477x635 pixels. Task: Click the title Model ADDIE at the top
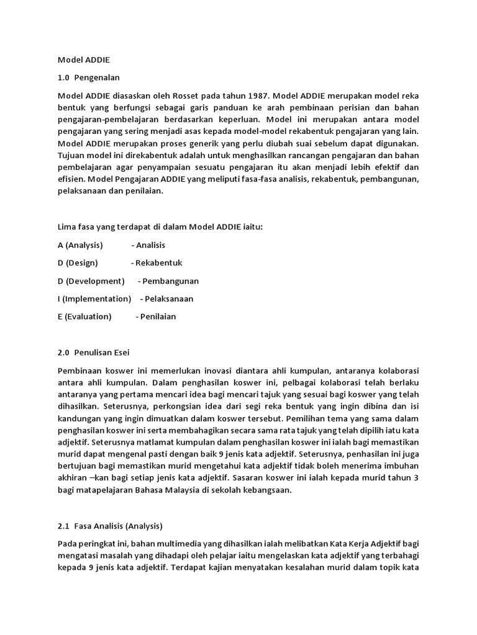pyautogui.click(x=83, y=60)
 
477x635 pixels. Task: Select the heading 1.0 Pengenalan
pyautogui.click(x=88, y=78)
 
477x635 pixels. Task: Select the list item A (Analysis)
pyautogui.click(x=80, y=245)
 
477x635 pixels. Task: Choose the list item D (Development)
pyautogui.click(x=91, y=281)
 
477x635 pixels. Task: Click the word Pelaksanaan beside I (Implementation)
pyautogui.click(x=168, y=299)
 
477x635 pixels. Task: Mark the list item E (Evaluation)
pyautogui.click(x=84, y=317)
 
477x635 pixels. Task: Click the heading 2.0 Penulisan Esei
pyautogui.click(x=93, y=352)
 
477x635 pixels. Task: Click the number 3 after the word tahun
pyautogui.click(x=417, y=477)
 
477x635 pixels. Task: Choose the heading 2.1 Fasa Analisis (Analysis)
pyautogui.click(x=110, y=526)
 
